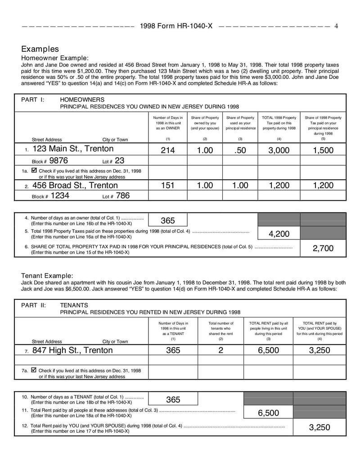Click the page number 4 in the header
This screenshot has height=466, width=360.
point(336,26)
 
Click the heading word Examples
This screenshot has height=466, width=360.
point(40,49)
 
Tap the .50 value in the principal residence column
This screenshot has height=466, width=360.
point(241,150)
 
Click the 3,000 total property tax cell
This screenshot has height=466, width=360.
point(279,150)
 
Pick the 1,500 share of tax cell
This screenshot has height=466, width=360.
point(323,150)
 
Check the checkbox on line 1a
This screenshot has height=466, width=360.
point(34,171)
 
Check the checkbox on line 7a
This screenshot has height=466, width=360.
point(34,370)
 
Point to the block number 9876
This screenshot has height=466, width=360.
point(58,160)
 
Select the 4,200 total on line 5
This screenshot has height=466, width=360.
point(279,234)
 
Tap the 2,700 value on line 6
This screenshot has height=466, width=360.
point(323,248)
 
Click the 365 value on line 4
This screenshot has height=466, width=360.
point(167,220)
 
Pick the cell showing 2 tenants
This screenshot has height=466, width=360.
point(221,350)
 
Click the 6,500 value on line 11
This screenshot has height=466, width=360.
point(268,413)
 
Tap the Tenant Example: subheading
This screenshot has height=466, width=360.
point(47,276)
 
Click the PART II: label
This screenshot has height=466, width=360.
point(33,305)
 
